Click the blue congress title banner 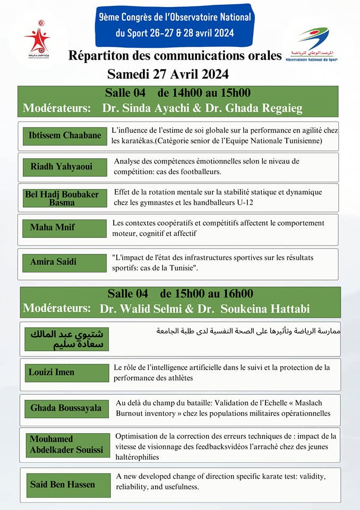tap(175, 25)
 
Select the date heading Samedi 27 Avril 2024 tap(168, 73)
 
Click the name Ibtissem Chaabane tap(65, 135)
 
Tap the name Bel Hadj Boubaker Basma tap(62, 198)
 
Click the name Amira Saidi tap(53, 261)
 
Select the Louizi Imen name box tap(53, 372)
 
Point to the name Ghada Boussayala tap(66, 408)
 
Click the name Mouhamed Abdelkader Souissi tap(66, 445)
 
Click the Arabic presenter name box tap(67, 339)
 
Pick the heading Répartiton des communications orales tap(175, 55)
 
